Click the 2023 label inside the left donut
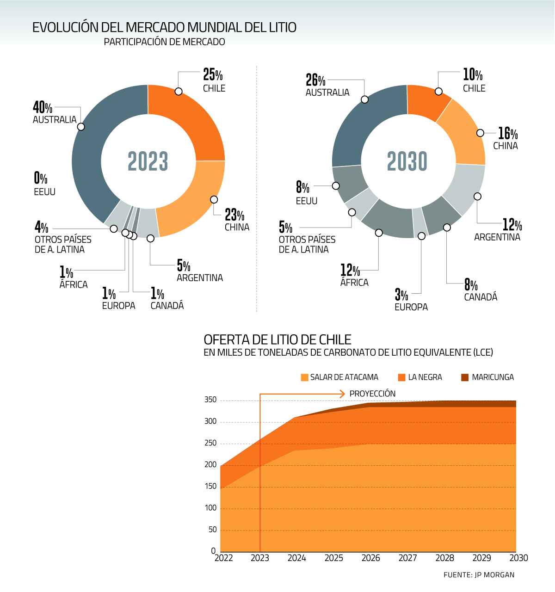[148, 161]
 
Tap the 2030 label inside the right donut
[407, 161]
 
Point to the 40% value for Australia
[43, 108]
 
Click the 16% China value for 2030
[507, 134]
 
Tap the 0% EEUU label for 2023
[41, 178]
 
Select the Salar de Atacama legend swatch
[304, 377]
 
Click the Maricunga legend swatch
[465, 377]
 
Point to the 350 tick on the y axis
[210, 400]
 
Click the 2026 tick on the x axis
[370, 558]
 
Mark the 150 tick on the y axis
[210, 486]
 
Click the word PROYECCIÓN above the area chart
[372, 394]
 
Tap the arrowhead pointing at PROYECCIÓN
[342, 394]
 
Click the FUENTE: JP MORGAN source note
[479, 575]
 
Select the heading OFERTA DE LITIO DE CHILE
[277, 339]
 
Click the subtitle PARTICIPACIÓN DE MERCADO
[164, 42]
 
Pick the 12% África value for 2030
[350, 270]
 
